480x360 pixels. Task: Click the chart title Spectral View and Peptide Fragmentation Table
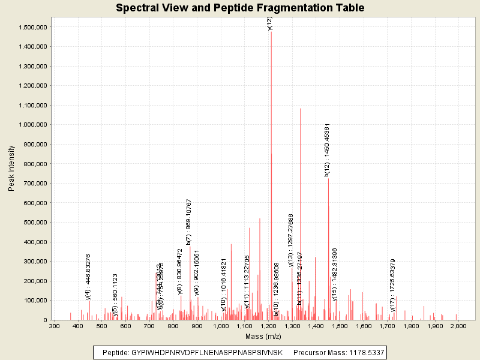click(x=240, y=8)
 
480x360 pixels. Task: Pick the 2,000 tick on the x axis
click(x=458, y=326)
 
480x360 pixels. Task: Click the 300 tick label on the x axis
click(x=54, y=326)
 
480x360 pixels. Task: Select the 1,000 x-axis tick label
click(x=221, y=326)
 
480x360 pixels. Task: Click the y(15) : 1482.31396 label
click(x=335, y=274)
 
